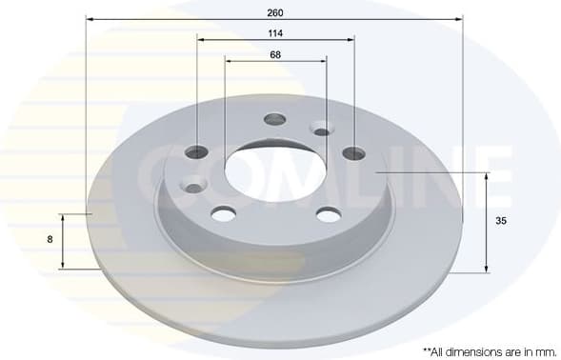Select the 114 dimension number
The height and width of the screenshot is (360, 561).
[275, 32]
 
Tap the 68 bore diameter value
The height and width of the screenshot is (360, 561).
[275, 53]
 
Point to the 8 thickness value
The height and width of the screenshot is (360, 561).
[50, 241]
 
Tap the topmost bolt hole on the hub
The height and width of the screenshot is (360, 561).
[275, 119]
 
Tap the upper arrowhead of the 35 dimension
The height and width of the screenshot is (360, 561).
[487, 176]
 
